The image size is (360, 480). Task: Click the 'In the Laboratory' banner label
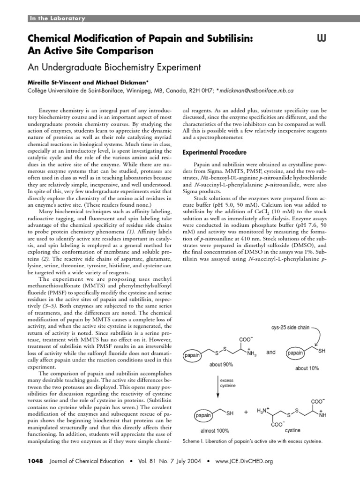point(58,18)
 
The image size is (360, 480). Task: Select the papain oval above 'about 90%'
point(192,356)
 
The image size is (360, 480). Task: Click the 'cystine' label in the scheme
point(292,430)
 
